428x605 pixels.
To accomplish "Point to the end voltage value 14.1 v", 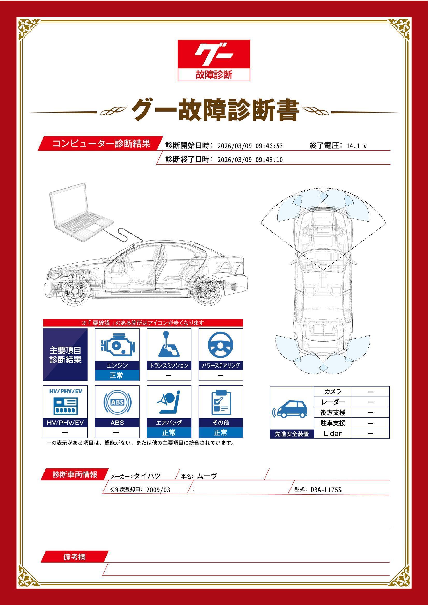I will pyautogui.click(x=356, y=146).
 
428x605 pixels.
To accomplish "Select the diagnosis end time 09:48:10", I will pyautogui.click(x=269, y=160).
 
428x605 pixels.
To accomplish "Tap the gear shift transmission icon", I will pyautogui.click(x=169, y=345).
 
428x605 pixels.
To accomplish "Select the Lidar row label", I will pyautogui.click(x=332, y=434).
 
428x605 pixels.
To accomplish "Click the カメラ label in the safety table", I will pyautogui.click(x=332, y=392).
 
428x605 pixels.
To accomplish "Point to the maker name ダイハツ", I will pyautogui.click(x=147, y=476).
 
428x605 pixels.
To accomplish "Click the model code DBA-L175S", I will pyautogui.click(x=326, y=490).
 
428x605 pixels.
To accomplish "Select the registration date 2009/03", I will pyautogui.click(x=158, y=490).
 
